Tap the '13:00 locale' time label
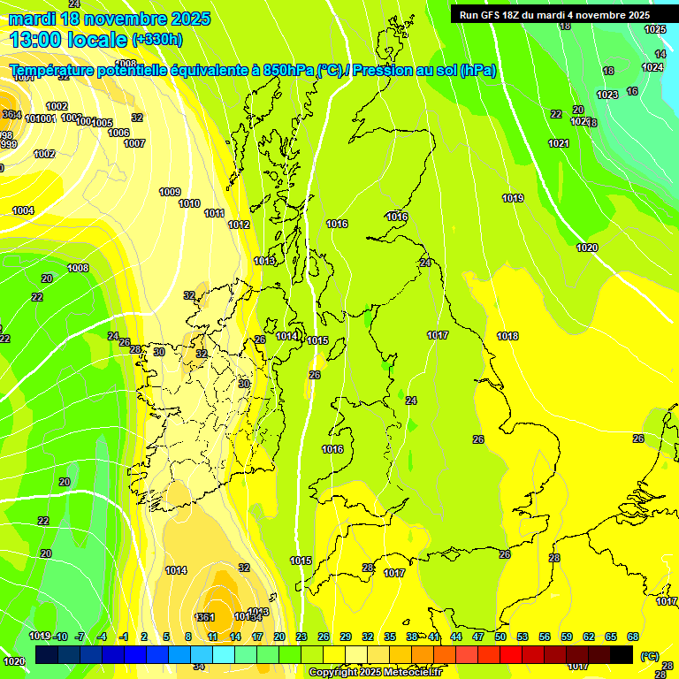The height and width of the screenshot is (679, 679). click(68, 40)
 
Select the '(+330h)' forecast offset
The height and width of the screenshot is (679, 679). click(157, 40)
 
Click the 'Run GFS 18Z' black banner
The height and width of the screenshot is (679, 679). click(554, 15)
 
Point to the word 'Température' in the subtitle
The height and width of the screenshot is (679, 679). click(61, 71)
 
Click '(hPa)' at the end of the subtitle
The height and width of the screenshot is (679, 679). click(477, 71)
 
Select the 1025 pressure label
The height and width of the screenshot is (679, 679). click(655, 29)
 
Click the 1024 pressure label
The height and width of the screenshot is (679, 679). click(652, 67)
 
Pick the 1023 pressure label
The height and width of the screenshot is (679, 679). click(607, 95)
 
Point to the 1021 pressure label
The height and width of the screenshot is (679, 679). click(559, 143)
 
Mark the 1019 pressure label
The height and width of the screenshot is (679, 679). click(513, 198)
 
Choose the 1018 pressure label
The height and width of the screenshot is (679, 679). click(507, 336)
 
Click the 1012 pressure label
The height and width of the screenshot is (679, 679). click(239, 225)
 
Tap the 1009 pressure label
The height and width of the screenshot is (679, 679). click(170, 192)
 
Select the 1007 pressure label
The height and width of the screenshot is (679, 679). click(134, 143)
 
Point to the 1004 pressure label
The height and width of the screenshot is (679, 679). click(23, 210)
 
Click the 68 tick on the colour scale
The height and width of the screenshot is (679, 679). click(633, 637)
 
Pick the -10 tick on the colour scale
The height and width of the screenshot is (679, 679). click(60, 637)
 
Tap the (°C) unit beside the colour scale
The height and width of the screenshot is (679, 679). click(650, 656)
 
